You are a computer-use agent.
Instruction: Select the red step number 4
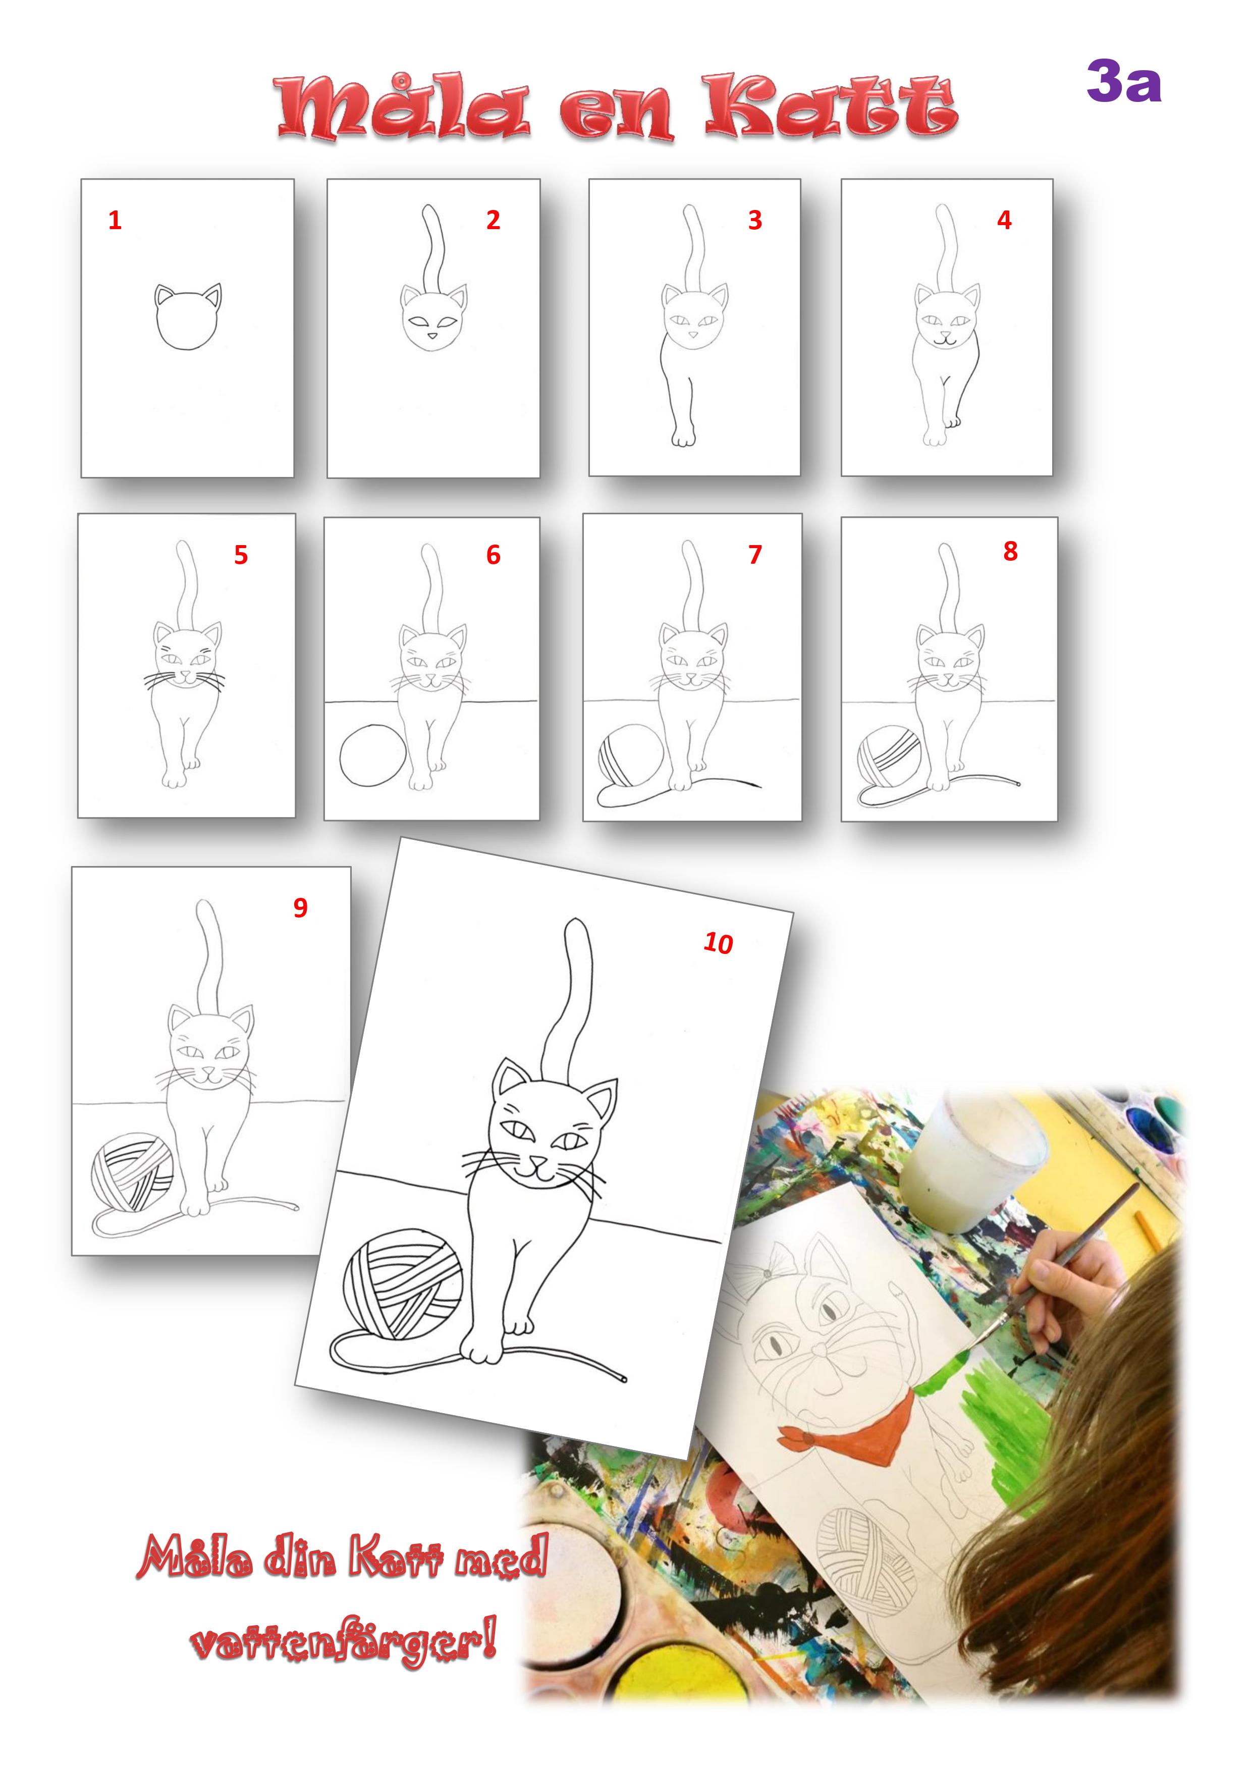pyautogui.click(x=1004, y=220)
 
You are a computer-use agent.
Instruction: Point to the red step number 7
pyautogui.click(x=755, y=555)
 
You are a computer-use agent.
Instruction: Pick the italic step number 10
pyautogui.click(x=718, y=943)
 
